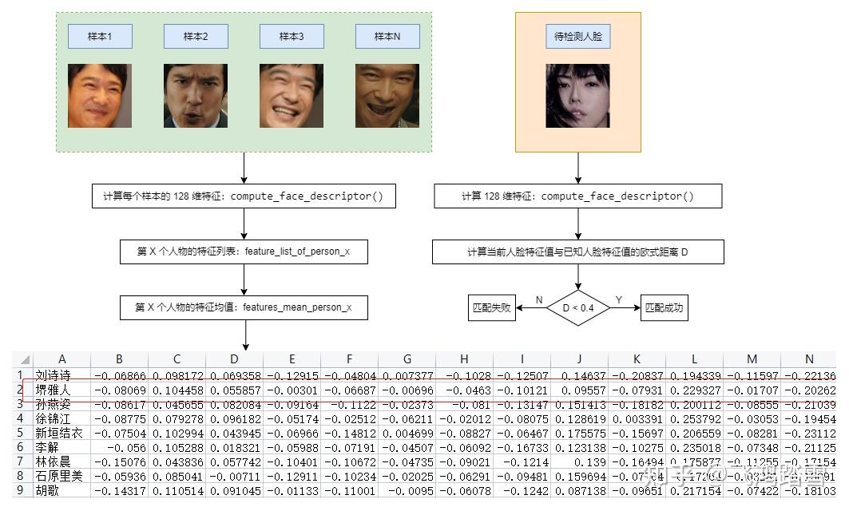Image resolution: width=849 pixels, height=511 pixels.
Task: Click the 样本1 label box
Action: pos(100,36)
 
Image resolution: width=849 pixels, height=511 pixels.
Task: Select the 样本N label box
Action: pos(387,36)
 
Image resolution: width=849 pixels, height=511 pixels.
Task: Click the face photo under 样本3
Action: pos(292,96)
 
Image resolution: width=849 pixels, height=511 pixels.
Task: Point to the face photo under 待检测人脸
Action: pos(577,96)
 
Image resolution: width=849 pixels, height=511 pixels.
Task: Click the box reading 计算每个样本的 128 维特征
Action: pos(244,196)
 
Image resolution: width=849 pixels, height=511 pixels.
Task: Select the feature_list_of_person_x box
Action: pos(244,252)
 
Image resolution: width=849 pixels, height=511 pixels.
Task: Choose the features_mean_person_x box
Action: pos(244,307)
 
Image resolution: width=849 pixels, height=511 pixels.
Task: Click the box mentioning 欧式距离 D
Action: pos(577,252)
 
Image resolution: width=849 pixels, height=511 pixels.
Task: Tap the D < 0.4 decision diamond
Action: pos(577,307)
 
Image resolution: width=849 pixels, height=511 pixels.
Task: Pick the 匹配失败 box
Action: pos(492,307)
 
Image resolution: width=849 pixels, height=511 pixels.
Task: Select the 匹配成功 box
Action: pos(664,307)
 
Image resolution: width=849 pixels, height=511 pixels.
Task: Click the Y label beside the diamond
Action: pos(619,300)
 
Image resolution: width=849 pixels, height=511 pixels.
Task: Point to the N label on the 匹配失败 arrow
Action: pos(538,300)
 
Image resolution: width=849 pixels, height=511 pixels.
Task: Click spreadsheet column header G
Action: pos(407,359)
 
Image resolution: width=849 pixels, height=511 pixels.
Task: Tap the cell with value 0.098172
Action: pos(177,375)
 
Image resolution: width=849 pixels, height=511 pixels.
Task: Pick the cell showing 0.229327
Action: pos(694,390)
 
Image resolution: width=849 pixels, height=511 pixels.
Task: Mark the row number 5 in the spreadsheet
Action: pos(19,433)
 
